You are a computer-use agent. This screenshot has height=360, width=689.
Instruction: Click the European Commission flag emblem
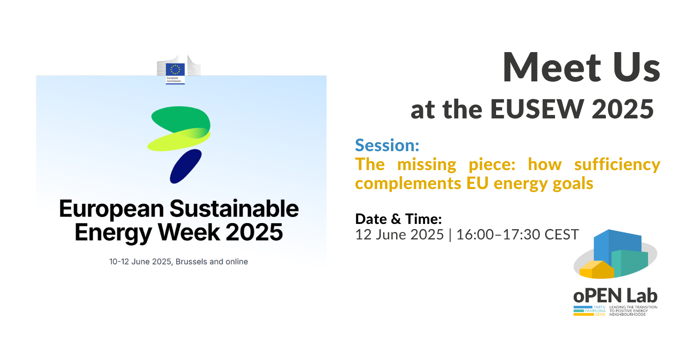175,69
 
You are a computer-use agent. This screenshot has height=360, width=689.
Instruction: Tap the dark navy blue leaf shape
186,166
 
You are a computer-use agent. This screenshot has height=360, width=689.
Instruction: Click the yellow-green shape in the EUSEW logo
179,140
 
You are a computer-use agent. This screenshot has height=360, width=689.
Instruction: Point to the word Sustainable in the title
234,209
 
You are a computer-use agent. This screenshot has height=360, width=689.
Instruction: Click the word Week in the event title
189,232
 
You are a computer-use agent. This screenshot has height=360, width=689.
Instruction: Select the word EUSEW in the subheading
537,109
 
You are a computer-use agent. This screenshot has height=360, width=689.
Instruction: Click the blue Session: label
387,145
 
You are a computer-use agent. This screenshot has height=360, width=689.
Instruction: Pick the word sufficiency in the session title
618,164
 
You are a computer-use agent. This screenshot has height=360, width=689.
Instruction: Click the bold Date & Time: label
399,219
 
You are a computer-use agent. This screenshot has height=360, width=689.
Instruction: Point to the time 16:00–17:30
498,234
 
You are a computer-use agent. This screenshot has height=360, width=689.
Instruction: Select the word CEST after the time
562,234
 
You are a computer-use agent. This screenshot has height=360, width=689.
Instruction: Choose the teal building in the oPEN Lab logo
630,263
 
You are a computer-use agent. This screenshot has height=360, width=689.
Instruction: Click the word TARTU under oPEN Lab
599,307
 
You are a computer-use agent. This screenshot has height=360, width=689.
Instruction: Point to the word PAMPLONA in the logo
595,311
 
